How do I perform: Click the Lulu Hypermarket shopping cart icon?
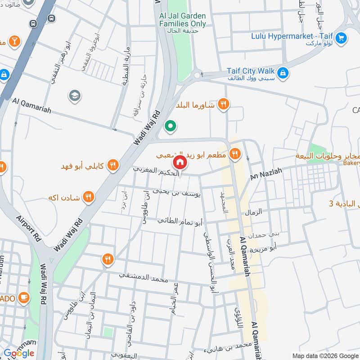pos(342,38)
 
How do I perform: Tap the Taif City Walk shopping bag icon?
pos(283,72)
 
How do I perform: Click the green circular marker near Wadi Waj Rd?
pos(170,126)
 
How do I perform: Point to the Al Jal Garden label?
pos(182,20)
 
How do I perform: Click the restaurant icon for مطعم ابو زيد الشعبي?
pos(234,154)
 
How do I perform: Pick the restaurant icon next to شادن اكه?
pos(89,197)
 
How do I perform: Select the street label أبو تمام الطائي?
pos(180,221)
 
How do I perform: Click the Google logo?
pos(19,353)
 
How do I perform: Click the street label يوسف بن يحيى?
pos(176,192)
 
